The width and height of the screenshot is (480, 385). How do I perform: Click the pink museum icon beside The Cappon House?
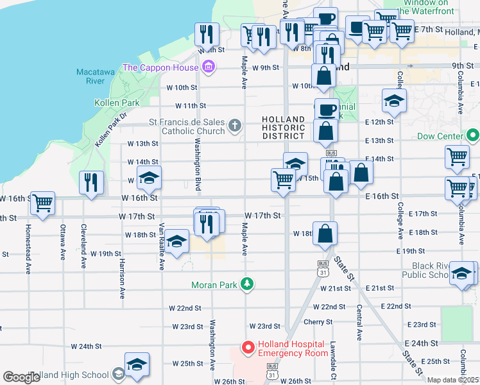point(207,67)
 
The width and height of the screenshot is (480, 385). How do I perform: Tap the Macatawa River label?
point(95,76)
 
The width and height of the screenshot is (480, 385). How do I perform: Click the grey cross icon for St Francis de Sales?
point(236,125)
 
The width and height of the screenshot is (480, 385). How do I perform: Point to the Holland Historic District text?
point(283,127)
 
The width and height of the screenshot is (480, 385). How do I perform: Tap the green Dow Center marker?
point(473,135)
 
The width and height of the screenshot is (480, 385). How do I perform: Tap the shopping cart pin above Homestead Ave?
point(42,203)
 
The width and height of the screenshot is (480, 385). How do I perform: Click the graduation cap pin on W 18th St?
point(178,241)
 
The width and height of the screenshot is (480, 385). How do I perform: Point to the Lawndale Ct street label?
point(334,360)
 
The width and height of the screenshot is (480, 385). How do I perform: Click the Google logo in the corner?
point(21,377)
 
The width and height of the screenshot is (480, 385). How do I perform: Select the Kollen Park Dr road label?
point(110,131)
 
